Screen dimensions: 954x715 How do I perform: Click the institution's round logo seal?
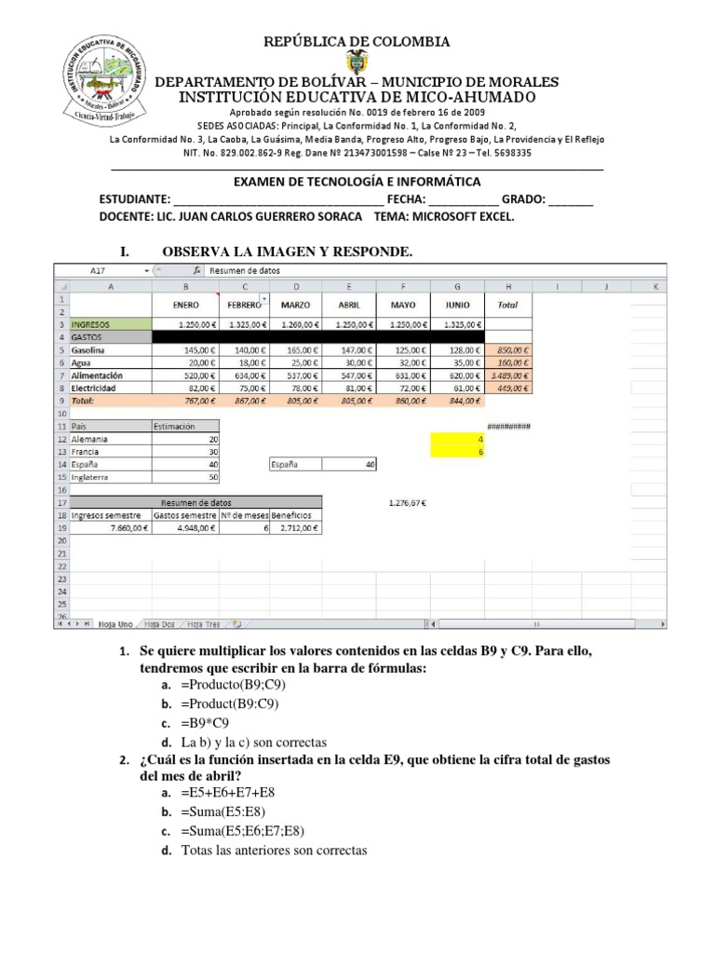(101, 79)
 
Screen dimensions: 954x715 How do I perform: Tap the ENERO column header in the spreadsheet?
(185, 305)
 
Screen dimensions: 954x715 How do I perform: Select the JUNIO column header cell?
(457, 305)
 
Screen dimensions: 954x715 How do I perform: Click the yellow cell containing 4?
(457, 438)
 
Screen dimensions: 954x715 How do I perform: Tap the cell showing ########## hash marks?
(508, 426)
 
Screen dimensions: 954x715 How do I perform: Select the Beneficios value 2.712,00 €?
(296, 527)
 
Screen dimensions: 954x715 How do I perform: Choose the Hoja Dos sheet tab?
(160, 624)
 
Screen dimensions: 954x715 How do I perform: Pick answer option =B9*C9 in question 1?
(205, 723)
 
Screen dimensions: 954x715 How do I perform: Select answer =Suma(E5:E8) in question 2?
(229, 811)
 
